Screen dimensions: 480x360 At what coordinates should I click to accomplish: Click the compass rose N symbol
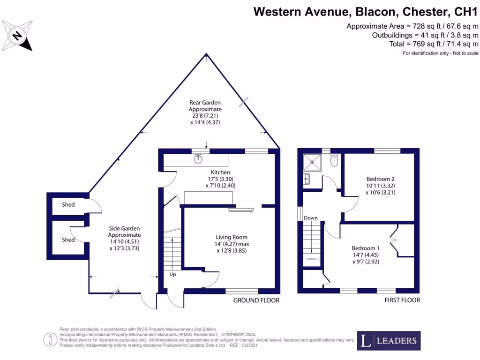coord(17,36)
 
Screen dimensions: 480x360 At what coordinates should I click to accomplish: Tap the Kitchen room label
coord(220,172)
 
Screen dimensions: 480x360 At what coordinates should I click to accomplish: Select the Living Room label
coord(232,237)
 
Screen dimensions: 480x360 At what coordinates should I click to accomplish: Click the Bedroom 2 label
coord(381,179)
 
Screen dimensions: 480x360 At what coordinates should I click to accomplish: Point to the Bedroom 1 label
coord(366,248)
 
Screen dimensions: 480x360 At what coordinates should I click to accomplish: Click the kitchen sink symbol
coord(198,158)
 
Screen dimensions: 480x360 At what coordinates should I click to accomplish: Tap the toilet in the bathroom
coord(334,160)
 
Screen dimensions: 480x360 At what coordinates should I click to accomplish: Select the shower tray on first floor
coord(312,162)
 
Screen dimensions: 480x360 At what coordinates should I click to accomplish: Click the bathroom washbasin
coord(307,179)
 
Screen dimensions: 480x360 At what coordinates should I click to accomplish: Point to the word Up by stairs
coord(172,275)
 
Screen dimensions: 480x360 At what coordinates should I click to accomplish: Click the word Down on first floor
coord(311,218)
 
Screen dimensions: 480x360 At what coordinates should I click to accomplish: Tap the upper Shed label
coord(68,204)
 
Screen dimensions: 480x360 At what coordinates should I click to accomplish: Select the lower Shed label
coord(68,240)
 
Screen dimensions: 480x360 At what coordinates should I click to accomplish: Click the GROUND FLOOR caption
coord(256,300)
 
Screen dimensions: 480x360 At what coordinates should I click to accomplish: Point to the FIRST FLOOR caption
coord(402,300)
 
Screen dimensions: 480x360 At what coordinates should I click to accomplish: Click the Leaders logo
coord(389,341)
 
